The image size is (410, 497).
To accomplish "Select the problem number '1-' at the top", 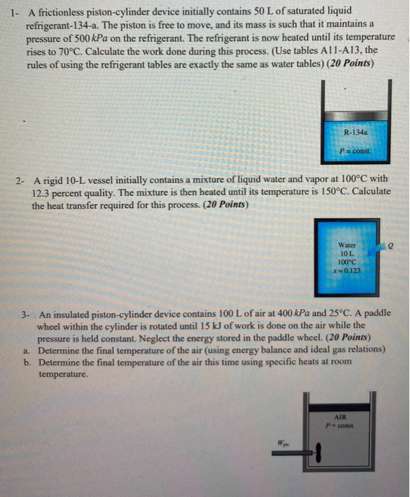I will [9, 10].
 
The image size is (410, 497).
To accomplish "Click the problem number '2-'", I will [20, 179].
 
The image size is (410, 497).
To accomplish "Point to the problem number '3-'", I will [26, 313].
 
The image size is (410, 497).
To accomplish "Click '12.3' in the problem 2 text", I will [41, 191].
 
